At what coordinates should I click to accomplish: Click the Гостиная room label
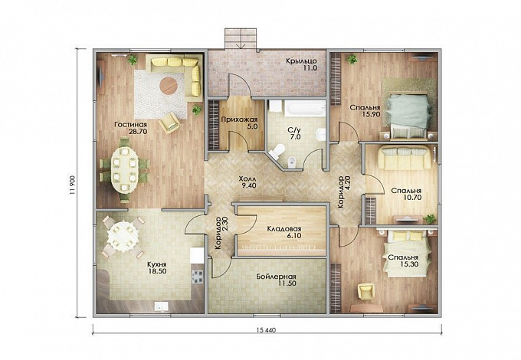(x=130, y=125)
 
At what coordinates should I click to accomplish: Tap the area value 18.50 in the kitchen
(x=157, y=271)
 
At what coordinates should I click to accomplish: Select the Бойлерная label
(x=276, y=277)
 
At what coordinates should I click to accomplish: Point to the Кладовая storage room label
(x=284, y=229)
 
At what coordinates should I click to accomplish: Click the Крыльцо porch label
(x=301, y=61)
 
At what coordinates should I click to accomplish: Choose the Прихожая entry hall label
(x=239, y=119)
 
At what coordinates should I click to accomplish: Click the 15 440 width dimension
(x=266, y=330)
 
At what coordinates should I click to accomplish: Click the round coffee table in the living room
(x=169, y=86)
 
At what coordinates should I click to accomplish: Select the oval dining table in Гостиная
(x=124, y=169)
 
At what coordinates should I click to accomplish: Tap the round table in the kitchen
(x=122, y=235)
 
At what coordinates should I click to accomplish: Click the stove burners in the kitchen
(x=198, y=277)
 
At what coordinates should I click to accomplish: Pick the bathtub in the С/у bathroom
(x=305, y=109)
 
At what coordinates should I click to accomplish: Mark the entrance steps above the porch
(x=241, y=38)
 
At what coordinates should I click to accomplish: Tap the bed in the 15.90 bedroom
(x=408, y=115)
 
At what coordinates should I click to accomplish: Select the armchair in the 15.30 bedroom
(x=366, y=291)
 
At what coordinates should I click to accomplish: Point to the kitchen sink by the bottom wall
(x=161, y=307)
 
